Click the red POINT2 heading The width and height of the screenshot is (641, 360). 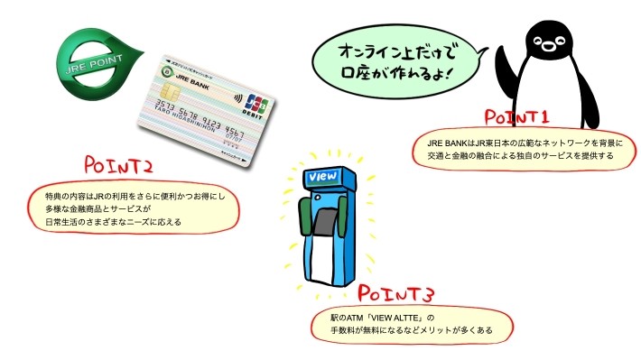click(x=117, y=165)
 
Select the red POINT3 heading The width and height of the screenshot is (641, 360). click(x=397, y=294)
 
